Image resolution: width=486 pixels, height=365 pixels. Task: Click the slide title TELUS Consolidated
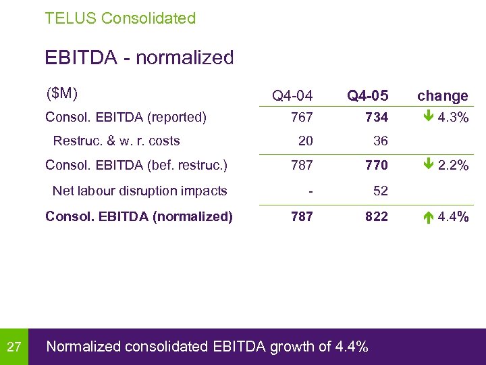point(120,18)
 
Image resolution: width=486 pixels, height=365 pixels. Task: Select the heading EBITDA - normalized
point(139,57)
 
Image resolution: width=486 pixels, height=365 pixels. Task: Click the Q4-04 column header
point(292,97)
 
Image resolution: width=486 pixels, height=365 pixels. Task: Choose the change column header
point(442,96)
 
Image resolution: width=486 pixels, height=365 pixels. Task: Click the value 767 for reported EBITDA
point(301,118)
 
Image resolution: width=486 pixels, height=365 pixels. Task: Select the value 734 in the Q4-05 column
point(377,118)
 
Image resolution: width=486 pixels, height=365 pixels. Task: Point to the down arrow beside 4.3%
point(428,117)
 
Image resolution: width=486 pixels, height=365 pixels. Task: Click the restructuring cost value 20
point(305,141)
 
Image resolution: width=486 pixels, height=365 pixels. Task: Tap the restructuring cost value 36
point(381,141)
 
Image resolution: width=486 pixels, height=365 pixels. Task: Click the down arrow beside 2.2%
point(428,165)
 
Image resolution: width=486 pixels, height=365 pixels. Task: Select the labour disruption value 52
point(381,191)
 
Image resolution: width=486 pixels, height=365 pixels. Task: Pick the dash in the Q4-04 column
point(310,191)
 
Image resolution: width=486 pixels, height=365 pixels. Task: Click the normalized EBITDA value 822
point(377,216)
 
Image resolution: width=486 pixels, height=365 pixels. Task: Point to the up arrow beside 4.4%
point(428,216)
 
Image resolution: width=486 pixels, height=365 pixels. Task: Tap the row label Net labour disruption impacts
point(140,191)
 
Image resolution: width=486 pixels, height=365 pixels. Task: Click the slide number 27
point(14,347)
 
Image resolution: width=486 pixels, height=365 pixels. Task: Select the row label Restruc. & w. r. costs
point(116,141)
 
